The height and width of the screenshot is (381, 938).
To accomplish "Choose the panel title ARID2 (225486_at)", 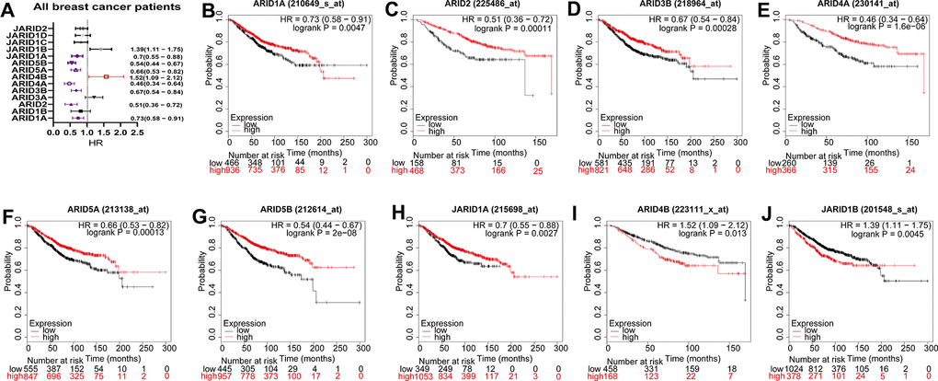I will [x=461, y=10].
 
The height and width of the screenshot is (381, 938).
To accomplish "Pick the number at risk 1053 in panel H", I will [x=426, y=376].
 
